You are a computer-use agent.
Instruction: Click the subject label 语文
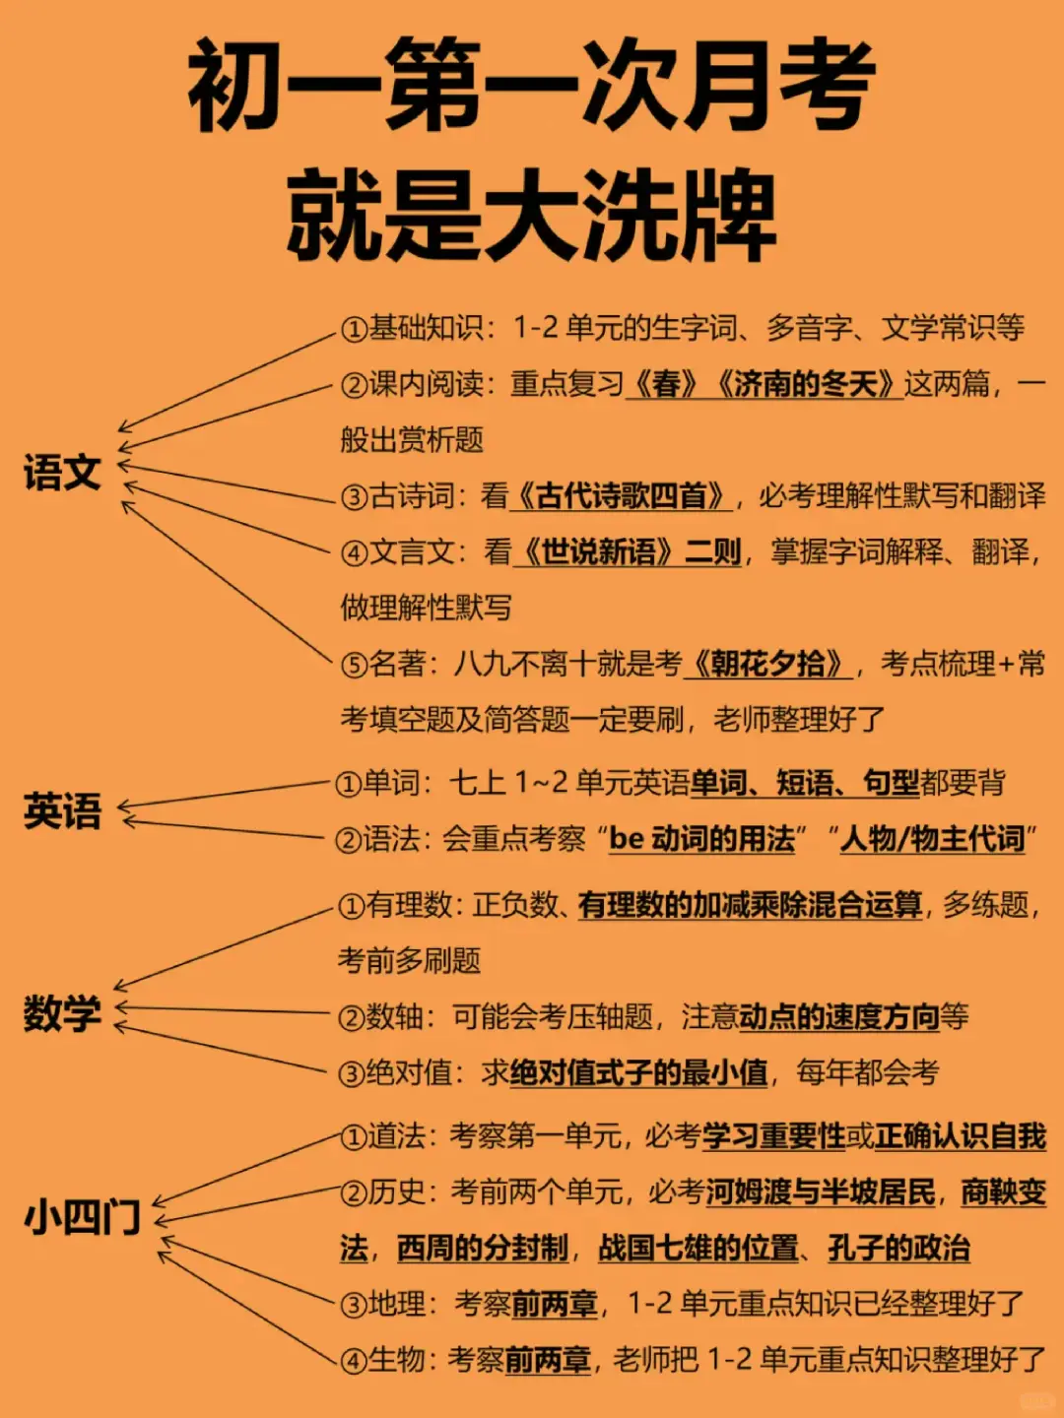62,473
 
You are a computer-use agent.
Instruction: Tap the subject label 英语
62,811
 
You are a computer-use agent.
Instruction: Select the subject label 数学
62,1013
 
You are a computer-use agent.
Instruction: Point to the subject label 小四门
83,1218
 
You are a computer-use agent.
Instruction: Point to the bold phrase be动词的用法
702,839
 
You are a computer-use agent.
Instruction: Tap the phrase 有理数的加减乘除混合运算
751,904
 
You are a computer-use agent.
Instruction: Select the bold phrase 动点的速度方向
838,1016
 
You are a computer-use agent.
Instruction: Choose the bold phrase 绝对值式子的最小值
638,1072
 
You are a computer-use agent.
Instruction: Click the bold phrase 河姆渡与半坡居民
820,1192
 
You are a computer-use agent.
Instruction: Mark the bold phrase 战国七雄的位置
698,1249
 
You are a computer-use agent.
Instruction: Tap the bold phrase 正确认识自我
961,1136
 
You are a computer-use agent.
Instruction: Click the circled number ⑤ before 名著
355,665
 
